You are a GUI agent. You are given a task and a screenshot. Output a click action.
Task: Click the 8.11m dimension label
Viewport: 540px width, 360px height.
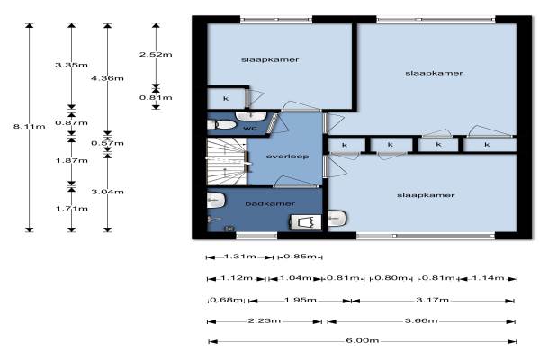click(30, 126)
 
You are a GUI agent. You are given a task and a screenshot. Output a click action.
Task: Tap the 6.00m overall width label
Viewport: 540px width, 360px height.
click(363, 340)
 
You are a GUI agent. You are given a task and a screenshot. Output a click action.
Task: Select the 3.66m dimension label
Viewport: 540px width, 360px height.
click(421, 320)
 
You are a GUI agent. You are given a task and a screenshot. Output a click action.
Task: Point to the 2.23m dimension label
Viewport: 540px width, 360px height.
click(264, 320)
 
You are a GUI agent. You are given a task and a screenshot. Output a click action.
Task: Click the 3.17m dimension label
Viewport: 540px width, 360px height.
click(432, 300)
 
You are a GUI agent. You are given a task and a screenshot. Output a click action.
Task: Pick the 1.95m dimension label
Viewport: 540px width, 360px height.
click(301, 300)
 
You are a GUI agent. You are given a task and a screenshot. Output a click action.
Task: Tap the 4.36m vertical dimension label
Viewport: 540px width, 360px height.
click(107, 78)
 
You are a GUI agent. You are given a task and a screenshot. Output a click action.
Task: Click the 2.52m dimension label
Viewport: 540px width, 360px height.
click(156, 54)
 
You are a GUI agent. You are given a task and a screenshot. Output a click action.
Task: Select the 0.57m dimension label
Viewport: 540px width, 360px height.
click(107, 143)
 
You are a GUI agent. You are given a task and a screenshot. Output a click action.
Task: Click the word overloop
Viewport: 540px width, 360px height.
click(287, 157)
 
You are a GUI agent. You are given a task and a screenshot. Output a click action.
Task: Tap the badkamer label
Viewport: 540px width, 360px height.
click(270, 204)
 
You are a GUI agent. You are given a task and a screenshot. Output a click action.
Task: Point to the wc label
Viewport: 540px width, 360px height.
click(250, 128)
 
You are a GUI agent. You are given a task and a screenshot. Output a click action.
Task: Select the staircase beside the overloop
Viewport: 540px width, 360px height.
click(227, 161)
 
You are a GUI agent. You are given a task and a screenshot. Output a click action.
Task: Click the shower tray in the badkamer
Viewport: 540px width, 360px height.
click(306, 222)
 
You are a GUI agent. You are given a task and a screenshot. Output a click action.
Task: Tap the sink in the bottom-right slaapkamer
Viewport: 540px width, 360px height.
click(337, 219)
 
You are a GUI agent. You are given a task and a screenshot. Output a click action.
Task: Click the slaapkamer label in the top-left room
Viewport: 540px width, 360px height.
click(270, 60)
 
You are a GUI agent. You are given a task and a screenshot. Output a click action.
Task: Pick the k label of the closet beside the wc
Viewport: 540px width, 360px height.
click(226, 99)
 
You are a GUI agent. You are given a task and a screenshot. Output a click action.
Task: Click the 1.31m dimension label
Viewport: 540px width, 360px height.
click(239, 256)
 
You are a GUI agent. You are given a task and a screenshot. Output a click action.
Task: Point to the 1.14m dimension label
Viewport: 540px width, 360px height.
click(488, 278)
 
